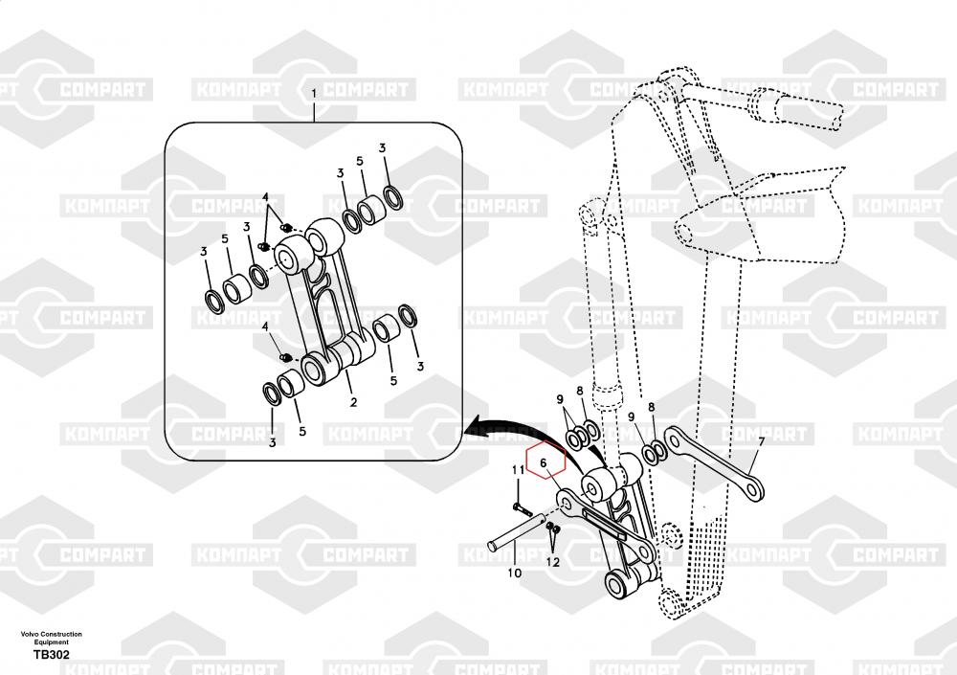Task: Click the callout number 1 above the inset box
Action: [313, 92]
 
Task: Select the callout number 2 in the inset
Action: [353, 401]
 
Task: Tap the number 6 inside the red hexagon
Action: [543, 464]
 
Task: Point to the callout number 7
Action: [762, 442]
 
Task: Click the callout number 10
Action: [514, 574]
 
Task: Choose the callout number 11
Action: [517, 469]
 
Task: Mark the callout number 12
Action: [553, 562]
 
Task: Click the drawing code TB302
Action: [51, 655]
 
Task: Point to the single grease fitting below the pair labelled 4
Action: [284, 357]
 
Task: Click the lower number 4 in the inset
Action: [265, 326]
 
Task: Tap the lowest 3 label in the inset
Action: [272, 443]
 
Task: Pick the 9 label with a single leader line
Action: [631, 416]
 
